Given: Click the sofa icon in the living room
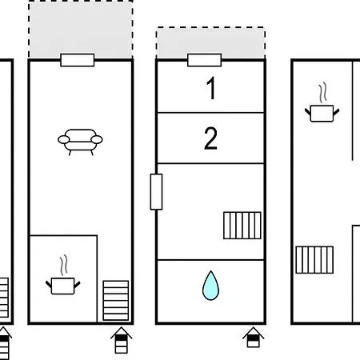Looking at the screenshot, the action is point(80,142).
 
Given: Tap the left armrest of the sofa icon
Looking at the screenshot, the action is point(64,139).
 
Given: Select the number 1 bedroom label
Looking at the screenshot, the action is point(211,88).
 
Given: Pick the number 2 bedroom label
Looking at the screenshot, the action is point(210,138).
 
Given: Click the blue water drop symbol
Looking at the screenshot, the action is point(210,286).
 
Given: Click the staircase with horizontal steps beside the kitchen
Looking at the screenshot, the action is point(116,300).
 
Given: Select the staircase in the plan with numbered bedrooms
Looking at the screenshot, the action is point(242,226).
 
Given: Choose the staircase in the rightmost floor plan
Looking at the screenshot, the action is point(314,260).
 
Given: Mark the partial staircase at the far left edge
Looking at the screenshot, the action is point(4,298).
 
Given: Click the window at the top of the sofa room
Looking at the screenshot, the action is point(78,60).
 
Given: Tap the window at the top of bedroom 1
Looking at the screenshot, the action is point(205,60).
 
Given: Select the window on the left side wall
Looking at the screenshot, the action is point(156,192).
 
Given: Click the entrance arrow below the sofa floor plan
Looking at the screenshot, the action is point(122,340).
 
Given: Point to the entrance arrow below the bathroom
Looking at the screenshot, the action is point(254,338).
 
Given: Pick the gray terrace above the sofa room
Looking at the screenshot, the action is point(81,30).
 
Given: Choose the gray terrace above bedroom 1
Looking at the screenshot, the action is point(210,42).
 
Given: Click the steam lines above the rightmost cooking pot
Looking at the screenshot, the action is point(322,93).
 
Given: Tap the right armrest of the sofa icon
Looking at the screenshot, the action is point(97,139).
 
